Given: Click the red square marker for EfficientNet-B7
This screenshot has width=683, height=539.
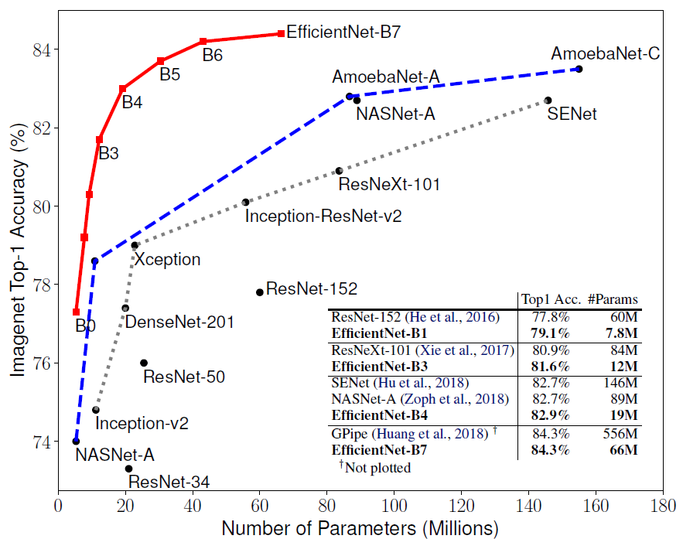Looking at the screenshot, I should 280,33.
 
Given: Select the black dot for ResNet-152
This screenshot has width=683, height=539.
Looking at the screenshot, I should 260,292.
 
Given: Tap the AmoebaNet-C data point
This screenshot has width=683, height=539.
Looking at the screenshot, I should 579,69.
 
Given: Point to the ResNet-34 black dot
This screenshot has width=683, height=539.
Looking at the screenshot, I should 128,469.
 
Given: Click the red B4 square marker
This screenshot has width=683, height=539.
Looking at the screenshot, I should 122,89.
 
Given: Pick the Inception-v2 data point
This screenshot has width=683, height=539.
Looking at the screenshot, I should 96,410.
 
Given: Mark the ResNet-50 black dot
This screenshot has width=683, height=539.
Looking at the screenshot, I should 144,363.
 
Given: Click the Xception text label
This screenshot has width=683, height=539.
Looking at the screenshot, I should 167,260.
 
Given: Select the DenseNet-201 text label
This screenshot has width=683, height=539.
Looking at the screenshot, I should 179,322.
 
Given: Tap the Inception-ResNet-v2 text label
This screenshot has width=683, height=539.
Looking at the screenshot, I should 323,217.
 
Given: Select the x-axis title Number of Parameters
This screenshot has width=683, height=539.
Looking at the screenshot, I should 360,528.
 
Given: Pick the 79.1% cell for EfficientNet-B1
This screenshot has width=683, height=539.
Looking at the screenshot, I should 548,333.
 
